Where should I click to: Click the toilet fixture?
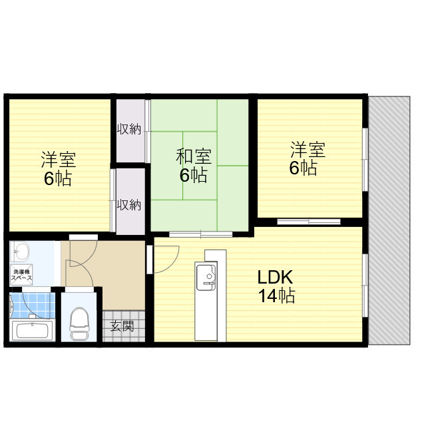coord(80,323)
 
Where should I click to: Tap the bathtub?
coord(33,330)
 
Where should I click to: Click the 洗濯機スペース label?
coord(21,275)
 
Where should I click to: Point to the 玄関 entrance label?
coord(122,325)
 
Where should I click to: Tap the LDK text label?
coord(275,277)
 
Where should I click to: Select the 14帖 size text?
coord(276,296)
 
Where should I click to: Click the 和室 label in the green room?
coord(194,156)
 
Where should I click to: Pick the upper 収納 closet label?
coord(129,128)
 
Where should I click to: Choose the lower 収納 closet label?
coord(128,204)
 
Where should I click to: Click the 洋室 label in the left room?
coord(59,160)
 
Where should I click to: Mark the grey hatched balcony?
coord(389,220)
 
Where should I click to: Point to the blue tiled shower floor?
coord(33,306)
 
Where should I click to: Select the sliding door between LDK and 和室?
coord(201,234)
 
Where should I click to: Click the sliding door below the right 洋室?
coord(309,222)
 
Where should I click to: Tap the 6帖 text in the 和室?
coord(193,175)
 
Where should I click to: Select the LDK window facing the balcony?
coord(365,286)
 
